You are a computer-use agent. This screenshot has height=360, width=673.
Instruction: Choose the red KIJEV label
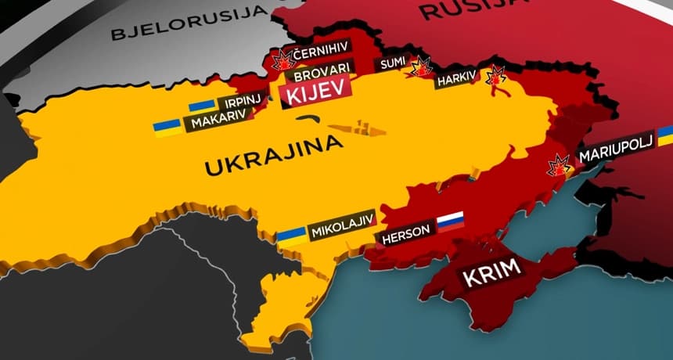[315, 96]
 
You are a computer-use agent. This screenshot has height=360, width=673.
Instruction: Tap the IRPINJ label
[240, 103]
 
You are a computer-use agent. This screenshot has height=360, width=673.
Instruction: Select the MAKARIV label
[218, 120]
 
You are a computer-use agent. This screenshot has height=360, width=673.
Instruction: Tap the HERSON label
[405, 235]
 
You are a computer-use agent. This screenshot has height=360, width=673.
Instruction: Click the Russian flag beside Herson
[450, 221]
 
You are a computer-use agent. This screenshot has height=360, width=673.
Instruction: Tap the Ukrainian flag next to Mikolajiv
[293, 237]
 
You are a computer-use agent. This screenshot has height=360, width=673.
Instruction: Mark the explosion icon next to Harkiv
[495, 77]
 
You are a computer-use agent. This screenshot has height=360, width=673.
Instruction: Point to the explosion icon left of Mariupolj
[559, 165]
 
